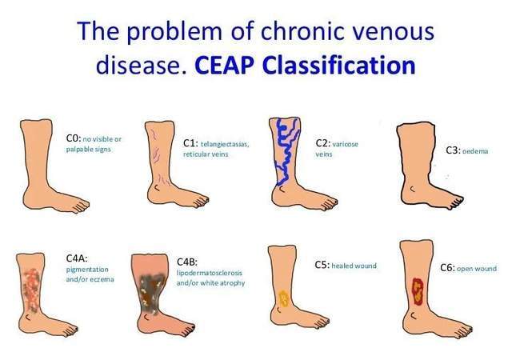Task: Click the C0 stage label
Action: pyautogui.click(x=73, y=138)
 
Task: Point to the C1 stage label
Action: pyautogui.click(x=190, y=143)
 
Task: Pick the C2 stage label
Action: pyautogui.click(x=323, y=143)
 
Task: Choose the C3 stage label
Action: pyautogui.click(x=454, y=150)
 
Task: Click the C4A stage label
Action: pyautogui.click(x=77, y=258)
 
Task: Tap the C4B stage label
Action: pyautogui.click(x=187, y=262)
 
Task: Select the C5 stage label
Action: pyautogui.click(x=322, y=265)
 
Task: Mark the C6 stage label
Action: pyautogui.click(x=447, y=268)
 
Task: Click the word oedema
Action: pyautogui.click(x=475, y=151)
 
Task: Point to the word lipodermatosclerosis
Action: pyautogui.click(x=210, y=273)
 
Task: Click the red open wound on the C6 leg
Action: pyautogui.click(x=418, y=291)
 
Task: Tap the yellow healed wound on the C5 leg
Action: pyautogui.click(x=283, y=299)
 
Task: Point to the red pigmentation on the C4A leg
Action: pyautogui.click(x=32, y=290)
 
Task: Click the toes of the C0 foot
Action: pyautogui.click(x=80, y=206)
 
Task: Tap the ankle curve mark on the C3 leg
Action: pyautogui.click(x=413, y=189)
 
